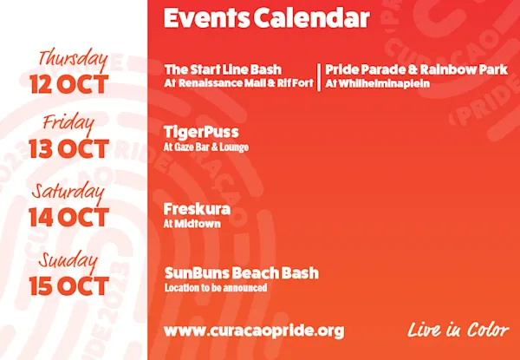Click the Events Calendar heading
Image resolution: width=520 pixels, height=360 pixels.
pyautogui.click(x=266, y=18)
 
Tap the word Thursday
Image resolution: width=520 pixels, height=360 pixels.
pyautogui.click(x=74, y=60)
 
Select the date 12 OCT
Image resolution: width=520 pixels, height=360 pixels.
pyautogui.click(x=69, y=84)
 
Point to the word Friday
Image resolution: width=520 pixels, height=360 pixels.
pyautogui.click(x=68, y=123)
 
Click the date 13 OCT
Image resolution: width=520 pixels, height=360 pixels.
pyautogui.click(x=69, y=148)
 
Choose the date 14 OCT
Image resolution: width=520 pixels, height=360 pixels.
pyautogui.click(x=69, y=218)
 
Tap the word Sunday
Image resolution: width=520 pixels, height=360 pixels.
pyautogui.click(x=68, y=263)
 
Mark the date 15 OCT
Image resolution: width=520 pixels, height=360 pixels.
pyautogui.click(x=69, y=286)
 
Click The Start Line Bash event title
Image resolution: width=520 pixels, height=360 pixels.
pyautogui.click(x=223, y=69)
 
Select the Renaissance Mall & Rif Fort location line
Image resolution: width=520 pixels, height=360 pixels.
pyautogui.click(x=239, y=83)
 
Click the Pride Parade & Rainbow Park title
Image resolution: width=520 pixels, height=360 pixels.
pyautogui.click(x=416, y=70)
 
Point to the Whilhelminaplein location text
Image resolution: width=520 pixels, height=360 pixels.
pyautogui.click(x=377, y=83)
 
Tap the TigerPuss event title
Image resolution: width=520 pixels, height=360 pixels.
pyautogui.click(x=201, y=133)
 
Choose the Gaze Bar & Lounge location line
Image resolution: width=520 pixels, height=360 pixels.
pyautogui.click(x=206, y=147)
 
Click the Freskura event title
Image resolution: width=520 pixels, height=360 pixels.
pyautogui.click(x=197, y=209)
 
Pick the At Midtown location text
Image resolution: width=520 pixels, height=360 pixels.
pyautogui.click(x=192, y=224)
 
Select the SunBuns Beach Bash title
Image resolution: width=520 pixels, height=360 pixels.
pyautogui.click(x=242, y=273)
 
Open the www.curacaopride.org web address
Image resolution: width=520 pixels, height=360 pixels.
pyautogui.click(x=254, y=331)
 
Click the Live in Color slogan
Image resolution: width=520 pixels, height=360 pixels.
pyautogui.click(x=458, y=331)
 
